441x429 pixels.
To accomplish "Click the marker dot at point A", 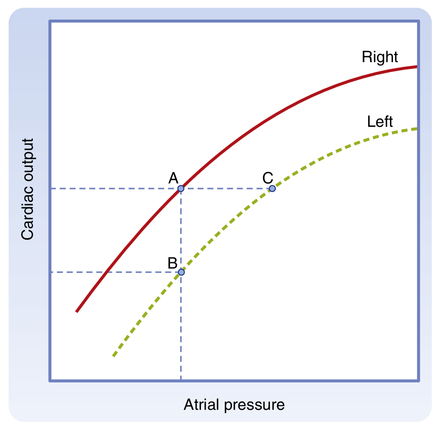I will (x=181, y=188).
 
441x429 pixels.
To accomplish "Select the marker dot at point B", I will (x=181, y=272).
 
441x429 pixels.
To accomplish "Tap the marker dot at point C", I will (x=272, y=188).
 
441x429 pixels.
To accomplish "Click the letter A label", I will (x=173, y=178).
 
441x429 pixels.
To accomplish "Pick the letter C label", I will (x=267, y=177).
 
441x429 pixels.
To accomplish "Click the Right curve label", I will (x=380, y=57).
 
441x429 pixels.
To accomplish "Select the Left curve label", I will (x=380, y=122).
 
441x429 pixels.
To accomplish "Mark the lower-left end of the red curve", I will (x=77, y=312).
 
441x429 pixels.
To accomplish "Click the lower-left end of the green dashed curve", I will (x=113, y=356).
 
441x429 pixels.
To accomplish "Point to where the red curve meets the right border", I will (x=418, y=66).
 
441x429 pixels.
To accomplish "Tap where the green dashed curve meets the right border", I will (x=418, y=128).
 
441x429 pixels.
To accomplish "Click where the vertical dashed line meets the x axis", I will (x=181, y=380).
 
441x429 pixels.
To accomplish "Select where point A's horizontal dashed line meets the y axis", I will (x=51, y=188).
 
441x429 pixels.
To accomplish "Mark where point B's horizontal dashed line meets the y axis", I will (x=51, y=272).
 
